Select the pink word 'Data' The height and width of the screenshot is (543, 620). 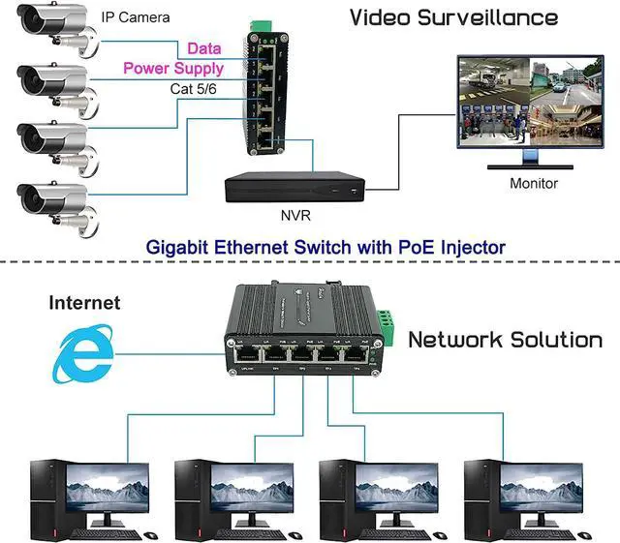(203, 48)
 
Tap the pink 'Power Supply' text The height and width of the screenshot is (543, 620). (173, 69)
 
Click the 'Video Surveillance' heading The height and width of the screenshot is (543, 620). (453, 17)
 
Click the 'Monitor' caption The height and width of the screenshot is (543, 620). (534, 183)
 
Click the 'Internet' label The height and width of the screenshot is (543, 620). (84, 303)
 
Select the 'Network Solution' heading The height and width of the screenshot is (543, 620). (505, 340)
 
